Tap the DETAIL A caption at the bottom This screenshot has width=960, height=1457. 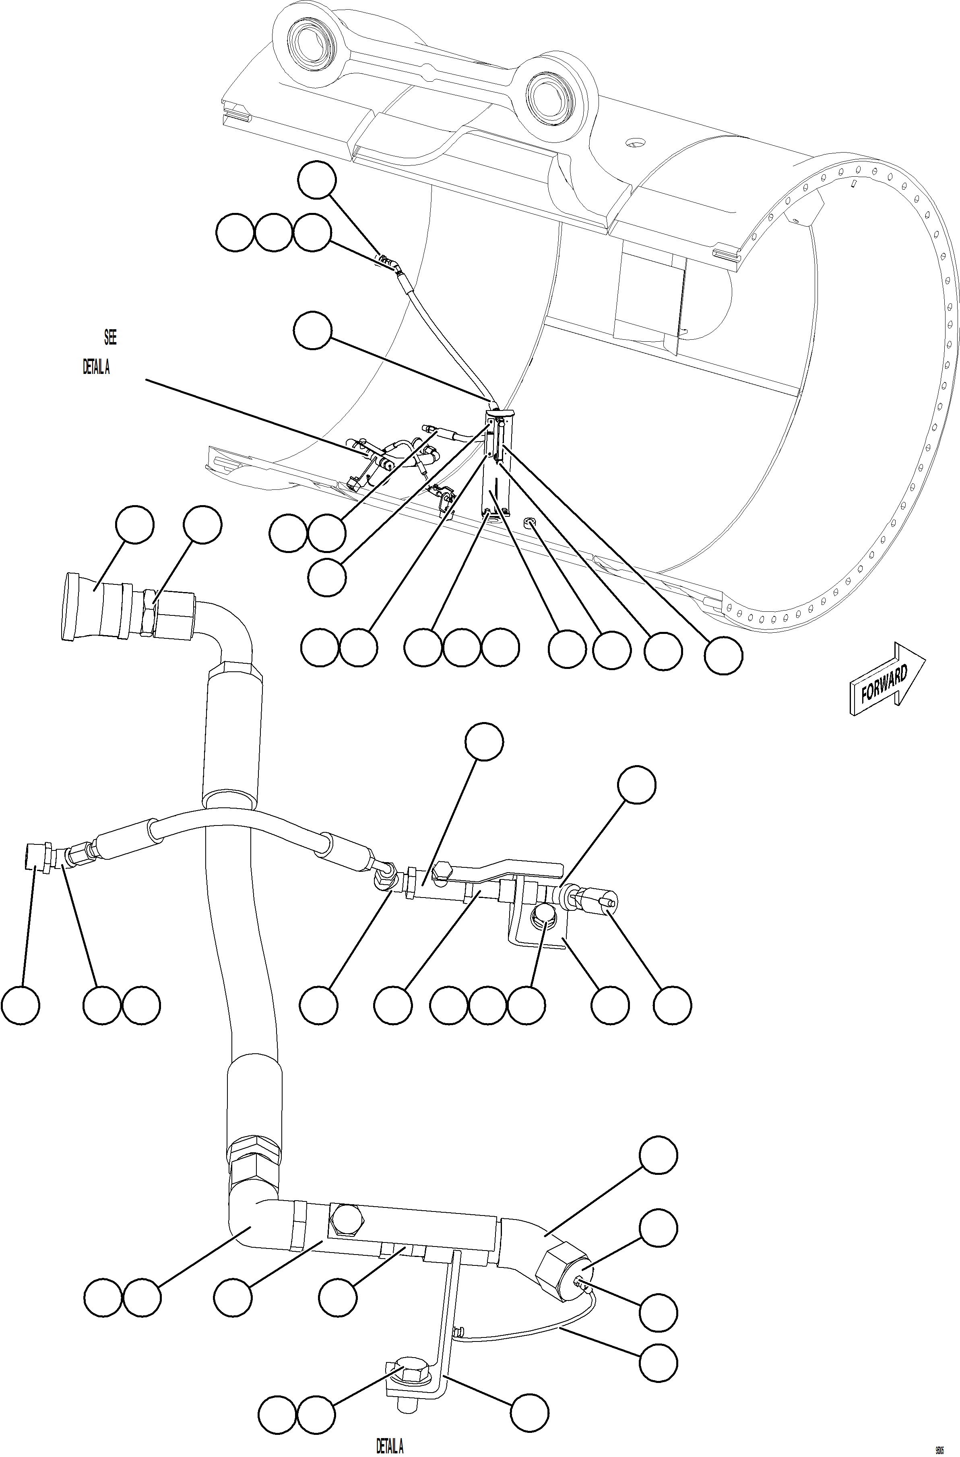(x=389, y=1446)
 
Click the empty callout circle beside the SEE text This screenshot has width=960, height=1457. (x=312, y=330)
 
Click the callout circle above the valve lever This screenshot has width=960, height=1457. (x=484, y=741)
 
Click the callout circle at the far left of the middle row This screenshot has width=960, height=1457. (x=20, y=1005)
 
